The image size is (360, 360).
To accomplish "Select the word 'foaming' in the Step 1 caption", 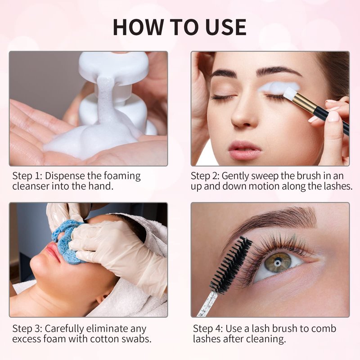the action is [122, 176].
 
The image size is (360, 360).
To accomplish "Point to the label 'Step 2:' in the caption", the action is [206, 176].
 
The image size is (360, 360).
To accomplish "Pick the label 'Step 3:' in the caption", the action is [27, 328].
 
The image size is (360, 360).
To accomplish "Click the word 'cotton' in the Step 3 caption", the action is [104, 339].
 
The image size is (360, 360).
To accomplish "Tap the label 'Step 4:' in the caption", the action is [207, 328].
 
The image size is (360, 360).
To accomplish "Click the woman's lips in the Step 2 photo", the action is [244, 150].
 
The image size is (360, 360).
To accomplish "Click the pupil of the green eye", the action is [278, 262].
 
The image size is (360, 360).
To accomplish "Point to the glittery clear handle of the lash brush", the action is [206, 303].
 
